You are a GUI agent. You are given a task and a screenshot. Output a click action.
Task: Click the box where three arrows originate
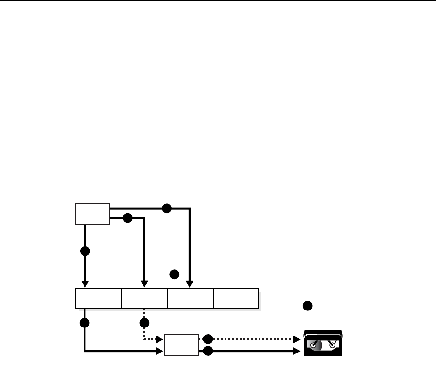[93, 214]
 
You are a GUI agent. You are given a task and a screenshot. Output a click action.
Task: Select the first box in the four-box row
[99, 298]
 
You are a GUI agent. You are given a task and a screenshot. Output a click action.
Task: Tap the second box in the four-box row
[144, 298]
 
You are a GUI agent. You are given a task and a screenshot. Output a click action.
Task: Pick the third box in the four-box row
[190, 298]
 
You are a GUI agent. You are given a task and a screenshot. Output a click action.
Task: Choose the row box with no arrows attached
[236, 298]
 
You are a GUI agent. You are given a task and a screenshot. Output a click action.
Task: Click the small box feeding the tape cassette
[181, 345]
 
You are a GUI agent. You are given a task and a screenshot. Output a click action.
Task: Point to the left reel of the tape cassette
[313, 345]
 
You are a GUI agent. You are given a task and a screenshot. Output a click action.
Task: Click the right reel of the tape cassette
[333, 345]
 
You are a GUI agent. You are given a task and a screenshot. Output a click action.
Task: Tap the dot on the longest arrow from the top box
[166, 208]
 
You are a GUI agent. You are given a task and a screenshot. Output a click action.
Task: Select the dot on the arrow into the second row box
[126, 218]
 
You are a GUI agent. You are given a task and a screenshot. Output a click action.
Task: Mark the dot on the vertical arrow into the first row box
[85, 251]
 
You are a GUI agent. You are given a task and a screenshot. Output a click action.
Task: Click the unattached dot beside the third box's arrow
[174, 274]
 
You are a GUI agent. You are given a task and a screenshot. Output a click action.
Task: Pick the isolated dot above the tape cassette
[307, 306]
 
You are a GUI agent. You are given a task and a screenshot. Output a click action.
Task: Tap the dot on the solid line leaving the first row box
[85, 323]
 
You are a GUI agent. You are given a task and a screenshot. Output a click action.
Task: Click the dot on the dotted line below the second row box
[144, 323]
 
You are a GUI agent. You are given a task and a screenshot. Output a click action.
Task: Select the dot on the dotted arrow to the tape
[208, 339]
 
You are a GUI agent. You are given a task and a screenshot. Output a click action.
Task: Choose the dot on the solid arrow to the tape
[208, 351]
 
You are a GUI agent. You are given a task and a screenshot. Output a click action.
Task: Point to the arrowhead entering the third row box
[190, 284]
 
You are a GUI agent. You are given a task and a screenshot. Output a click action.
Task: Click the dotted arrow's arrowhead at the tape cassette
[297, 339]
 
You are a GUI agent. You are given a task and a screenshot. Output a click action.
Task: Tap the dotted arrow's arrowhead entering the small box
[160, 339]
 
